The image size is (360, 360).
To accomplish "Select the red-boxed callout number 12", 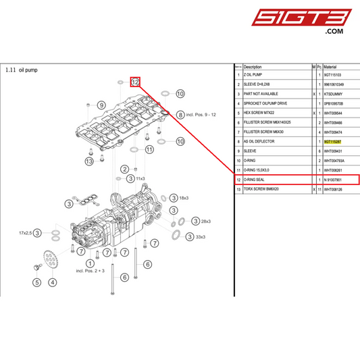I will (x=135, y=82).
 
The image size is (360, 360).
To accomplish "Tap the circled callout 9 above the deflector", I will (x=101, y=105).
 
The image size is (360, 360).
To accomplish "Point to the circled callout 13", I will (x=88, y=161).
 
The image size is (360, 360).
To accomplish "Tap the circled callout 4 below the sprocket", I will (x=52, y=282).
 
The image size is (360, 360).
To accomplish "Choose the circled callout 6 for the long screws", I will (x=124, y=276).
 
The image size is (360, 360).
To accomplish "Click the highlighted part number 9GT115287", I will (x=333, y=143).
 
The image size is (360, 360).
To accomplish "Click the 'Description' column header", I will (x=253, y=68).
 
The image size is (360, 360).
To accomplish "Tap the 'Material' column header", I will (x=330, y=68).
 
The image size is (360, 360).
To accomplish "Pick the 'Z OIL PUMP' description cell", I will (x=255, y=76).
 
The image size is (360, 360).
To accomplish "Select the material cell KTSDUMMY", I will (x=334, y=95).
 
